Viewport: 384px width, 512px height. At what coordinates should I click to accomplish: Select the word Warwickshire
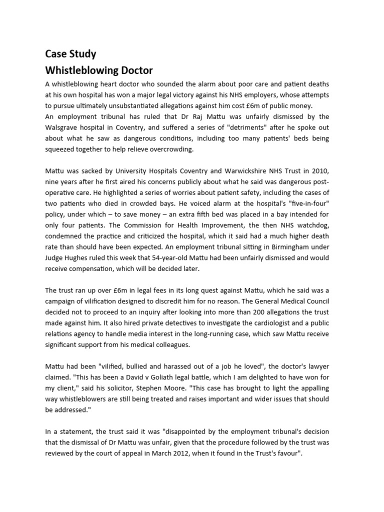(x=235, y=171)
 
